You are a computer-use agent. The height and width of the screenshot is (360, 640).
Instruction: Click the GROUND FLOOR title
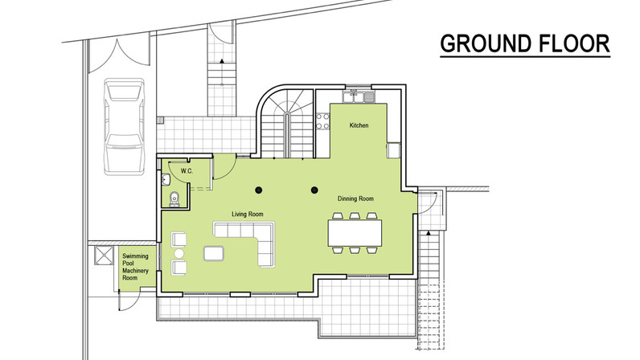click(x=525, y=43)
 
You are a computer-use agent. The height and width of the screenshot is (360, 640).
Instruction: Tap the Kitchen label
click(x=359, y=125)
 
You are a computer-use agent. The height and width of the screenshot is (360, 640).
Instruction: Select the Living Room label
click(x=248, y=214)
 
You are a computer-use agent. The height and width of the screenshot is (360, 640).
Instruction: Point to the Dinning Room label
click(x=355, y=198)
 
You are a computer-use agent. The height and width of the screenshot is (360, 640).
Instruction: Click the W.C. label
click(x=187, y=171)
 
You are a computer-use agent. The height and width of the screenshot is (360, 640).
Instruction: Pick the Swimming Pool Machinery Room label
click(x=135, y=267)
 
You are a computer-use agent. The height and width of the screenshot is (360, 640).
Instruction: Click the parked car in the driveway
click(x=124, y=127)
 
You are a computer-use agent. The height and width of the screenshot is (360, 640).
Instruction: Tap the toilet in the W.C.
click(x=174, y=198)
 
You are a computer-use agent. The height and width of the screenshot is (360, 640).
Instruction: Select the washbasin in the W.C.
click(x=166, y=179)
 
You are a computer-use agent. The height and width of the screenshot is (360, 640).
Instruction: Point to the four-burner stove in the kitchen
click(x=323, y=121)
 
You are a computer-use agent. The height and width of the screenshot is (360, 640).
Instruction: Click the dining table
click(x=355, y=233)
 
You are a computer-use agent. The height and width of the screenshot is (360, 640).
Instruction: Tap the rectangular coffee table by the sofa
click(x=214, y=253)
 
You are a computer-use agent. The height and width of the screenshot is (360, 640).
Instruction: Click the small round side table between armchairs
click(x=179, y=253)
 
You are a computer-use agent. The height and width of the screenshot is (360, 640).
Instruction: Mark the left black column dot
click(x=258, y=190)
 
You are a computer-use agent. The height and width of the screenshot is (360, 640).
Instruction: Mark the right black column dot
click(x=314, y=190)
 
